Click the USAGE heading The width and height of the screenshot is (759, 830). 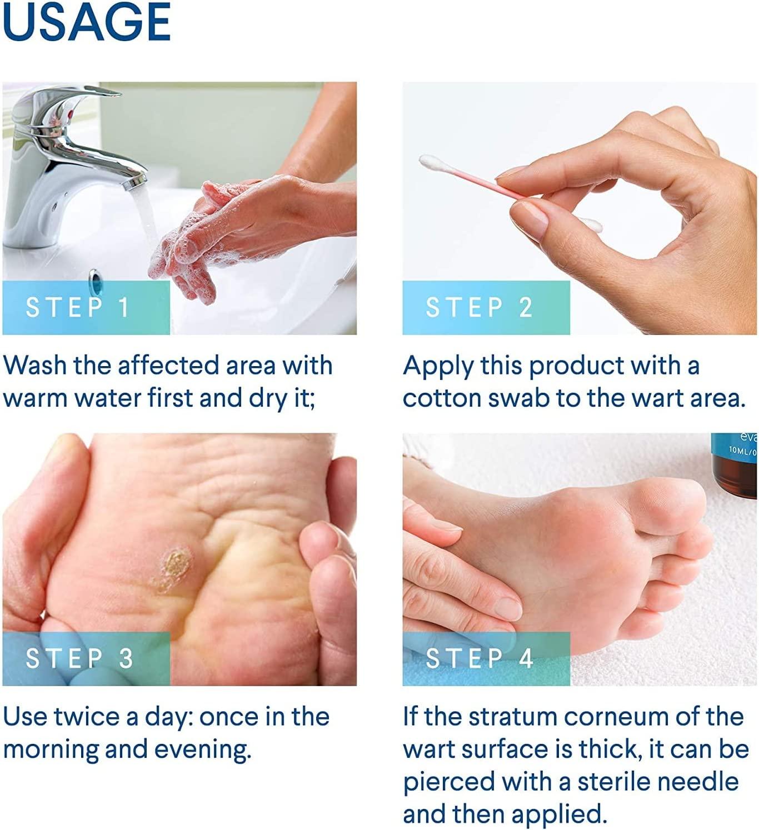coord(86,22)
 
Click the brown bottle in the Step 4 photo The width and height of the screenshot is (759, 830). coord(734,465)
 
